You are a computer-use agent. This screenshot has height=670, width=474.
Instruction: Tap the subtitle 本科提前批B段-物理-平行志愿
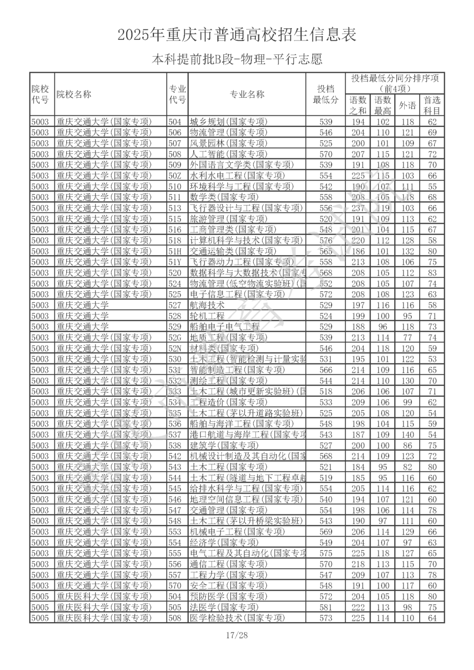[x=237, y=59]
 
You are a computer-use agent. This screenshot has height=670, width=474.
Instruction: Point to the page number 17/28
[x=237, y=635]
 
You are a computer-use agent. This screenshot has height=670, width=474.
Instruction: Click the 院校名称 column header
[x=74, y=94]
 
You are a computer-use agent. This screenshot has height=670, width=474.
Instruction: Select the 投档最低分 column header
[x=325, y=94]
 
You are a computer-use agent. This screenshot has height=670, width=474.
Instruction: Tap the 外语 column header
[x=407, y=105]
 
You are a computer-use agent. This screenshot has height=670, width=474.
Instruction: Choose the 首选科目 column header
[x=432, y=105]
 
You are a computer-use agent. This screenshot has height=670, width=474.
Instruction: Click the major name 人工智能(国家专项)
[x=228, y=154]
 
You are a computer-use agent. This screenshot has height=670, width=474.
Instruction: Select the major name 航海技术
[x=207, y=305]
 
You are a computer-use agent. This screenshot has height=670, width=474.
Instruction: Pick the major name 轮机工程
[x=207, y=316]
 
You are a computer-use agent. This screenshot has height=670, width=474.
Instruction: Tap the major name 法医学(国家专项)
[x=224, y=607]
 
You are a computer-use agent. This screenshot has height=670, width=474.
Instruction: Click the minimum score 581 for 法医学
[x=326, y=607]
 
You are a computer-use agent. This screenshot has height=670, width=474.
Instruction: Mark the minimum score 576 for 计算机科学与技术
[x=326, y=240]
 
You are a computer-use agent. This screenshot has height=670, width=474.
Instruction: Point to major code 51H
[x=175, y=251]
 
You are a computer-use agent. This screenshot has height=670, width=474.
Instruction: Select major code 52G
[x=175, y=338]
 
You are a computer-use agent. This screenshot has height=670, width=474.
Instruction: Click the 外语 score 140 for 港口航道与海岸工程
[x=407, y=435]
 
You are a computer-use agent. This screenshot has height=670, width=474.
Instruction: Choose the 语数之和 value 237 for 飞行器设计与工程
[x=358, y=208]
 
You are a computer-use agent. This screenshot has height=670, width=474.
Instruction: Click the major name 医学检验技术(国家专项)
[x=237, y=618]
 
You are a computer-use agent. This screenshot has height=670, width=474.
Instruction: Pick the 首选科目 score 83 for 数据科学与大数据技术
[x=432, y=273]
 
